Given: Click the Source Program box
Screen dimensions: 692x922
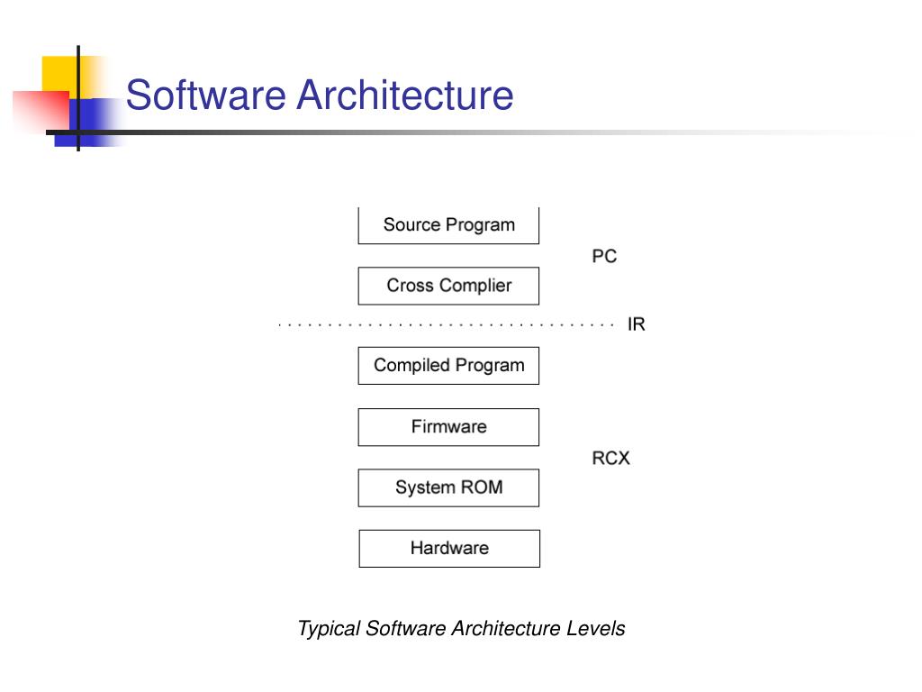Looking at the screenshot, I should [x=448, y=225].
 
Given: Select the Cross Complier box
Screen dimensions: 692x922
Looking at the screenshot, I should [x=448, y=286].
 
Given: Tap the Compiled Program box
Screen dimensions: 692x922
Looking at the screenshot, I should [x=448, y=366].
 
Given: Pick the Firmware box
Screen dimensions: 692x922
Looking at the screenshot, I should [x=448, y=427].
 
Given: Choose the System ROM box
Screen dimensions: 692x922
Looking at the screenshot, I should [x=448, y=487].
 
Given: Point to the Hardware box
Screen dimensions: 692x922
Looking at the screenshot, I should [x=449, y=548].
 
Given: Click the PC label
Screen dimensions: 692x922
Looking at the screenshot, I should [x=604, y=257].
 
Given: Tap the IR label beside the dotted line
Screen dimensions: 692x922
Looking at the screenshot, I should [x=636, y=324].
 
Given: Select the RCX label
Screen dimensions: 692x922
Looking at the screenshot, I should [x=610, y=458].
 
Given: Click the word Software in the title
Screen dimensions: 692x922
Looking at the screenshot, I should [x=206, y=96].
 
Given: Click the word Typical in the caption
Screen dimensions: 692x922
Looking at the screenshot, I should [x=329, y=629].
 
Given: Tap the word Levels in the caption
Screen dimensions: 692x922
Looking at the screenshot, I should [x=595, y=629].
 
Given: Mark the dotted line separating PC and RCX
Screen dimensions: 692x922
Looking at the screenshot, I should [x=446, y=324].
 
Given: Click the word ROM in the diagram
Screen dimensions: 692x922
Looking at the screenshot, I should [x=482, y=487].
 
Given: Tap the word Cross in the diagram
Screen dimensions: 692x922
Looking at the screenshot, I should [x=407, y=286].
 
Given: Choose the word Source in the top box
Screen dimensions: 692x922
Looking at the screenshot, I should [x=411, y=225].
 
